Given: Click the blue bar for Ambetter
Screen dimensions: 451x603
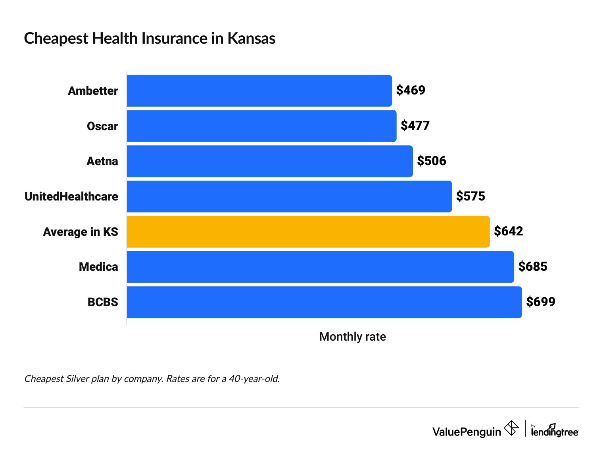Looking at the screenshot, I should click(259, 91).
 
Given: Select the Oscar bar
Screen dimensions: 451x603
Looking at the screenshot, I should click(261, 126).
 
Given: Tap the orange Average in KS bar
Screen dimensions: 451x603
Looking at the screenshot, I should click(308, 231).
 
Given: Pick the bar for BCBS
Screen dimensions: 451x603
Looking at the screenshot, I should click(324, 302).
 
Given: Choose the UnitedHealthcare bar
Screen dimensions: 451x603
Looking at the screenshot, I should click(289, 196).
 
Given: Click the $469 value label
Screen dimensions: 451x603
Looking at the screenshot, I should click(411, 90).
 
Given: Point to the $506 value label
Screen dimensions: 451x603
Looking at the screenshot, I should click(432, 161).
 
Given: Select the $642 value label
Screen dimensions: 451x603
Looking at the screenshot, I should click(508, 231).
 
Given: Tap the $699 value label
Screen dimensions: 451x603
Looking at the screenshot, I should click(540, 302).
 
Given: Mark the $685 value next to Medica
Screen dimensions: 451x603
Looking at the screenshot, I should click(532, 266).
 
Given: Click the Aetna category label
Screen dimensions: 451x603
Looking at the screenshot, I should click(102, 161).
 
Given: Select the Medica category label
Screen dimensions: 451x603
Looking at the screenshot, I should click(98, 267).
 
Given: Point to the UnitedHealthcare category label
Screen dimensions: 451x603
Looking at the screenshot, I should click(71, 197).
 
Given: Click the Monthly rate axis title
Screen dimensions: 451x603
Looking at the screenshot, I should click(352, 337).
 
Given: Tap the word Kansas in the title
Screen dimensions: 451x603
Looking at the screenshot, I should click(251, 39).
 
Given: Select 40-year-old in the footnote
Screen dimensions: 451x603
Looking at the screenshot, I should click(254, 379).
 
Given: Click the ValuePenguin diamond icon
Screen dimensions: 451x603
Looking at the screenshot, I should click(511, 428).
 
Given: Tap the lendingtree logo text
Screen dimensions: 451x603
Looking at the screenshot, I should click(555, 432).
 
